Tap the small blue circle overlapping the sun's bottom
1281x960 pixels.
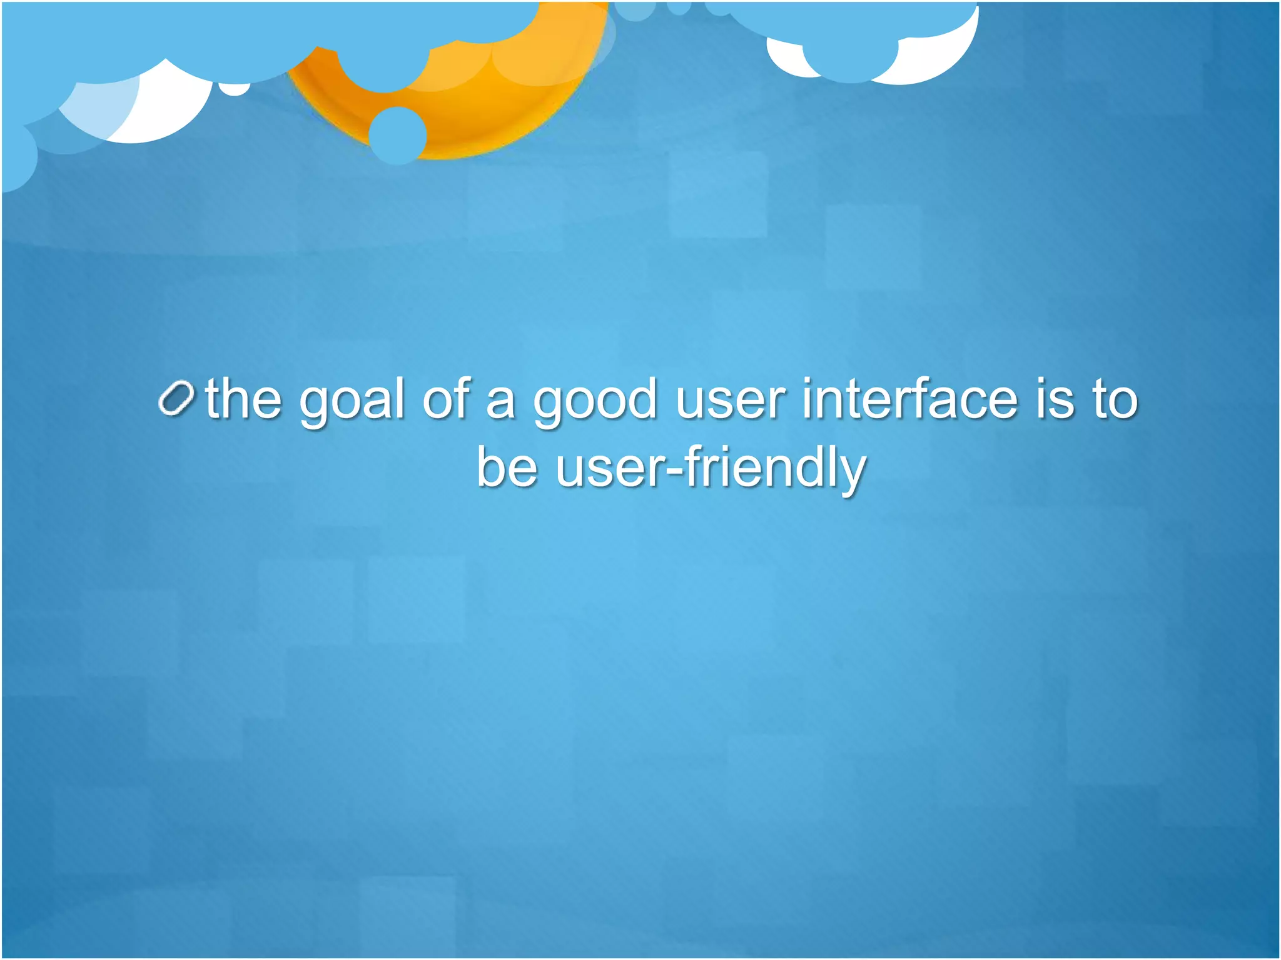pyautogui.click(x=398, y=136)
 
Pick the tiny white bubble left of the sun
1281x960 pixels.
pyautogui.click(x=234, y=89)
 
